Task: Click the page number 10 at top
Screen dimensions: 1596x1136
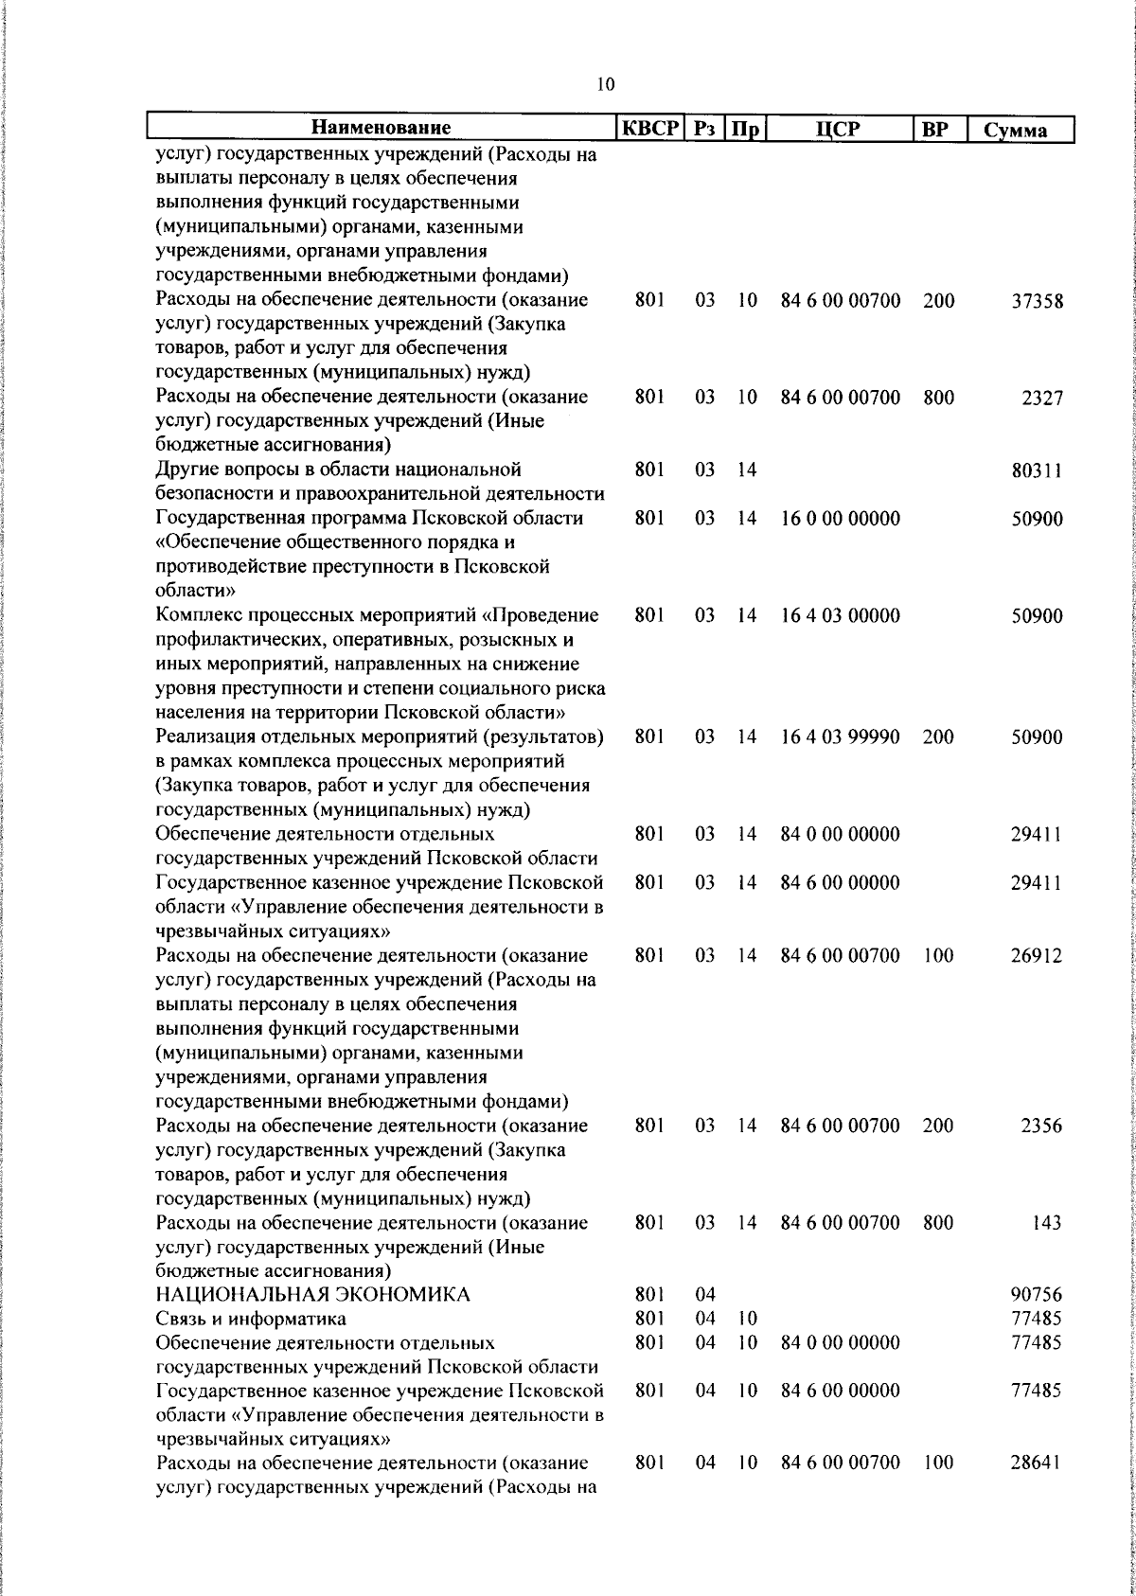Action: [x=606, y=84]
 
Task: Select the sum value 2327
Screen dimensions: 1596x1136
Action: [x=1041, y=399]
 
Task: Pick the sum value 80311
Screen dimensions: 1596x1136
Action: [x=1037, y=470]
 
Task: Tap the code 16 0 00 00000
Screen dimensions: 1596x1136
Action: [x=840, y=520]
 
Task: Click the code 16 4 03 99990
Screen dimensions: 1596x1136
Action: [x=840, y=737]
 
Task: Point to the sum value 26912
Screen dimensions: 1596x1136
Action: [x=1037, y=956]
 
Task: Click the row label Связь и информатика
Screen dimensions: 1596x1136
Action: [x=251, y=1319]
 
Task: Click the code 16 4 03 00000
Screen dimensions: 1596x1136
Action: [x=840, y=616]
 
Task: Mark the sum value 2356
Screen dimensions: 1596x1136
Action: [x=1041, y=1126]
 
